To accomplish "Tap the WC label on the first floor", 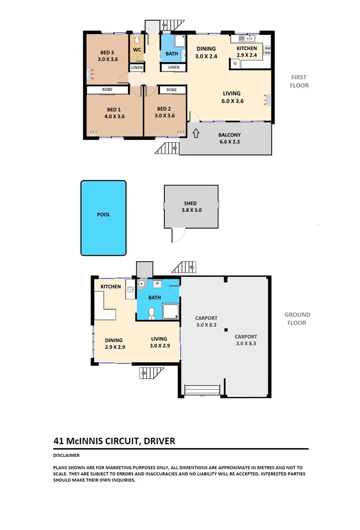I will point(137,50).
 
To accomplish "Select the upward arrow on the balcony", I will point(195,133).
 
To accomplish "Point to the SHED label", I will point(190,203).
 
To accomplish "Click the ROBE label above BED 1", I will point(107,90).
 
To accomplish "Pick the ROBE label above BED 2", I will point(171,90).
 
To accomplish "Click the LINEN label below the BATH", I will point(173,67).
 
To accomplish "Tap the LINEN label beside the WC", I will point(137,68).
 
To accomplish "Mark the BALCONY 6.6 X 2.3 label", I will point(230,138).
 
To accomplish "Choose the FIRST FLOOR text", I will point(299,81).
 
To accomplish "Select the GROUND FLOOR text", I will point(297,318).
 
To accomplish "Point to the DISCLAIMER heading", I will point(66,455).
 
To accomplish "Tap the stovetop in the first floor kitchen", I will point(268,49).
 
